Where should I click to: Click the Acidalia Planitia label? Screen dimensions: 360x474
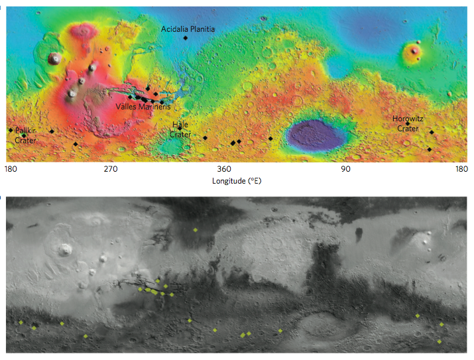point(188,29)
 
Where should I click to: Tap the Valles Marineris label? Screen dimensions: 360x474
point(143,106)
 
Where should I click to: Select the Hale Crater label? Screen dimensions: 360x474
point(180,129)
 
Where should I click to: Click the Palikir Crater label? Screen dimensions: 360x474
point(25,136)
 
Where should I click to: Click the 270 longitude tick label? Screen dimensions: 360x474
point(110,170)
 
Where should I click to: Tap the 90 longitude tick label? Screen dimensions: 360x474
point(345,170)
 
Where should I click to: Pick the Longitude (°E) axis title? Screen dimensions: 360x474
point(236,181)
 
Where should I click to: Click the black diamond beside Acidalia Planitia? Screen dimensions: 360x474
point(186,38)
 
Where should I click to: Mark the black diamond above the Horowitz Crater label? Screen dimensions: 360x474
point(407,123)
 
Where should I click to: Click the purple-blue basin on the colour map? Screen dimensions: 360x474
point(318,135)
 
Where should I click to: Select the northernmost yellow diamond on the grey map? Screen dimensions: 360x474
point(195,229)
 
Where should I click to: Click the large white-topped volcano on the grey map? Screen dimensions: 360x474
point(65,250)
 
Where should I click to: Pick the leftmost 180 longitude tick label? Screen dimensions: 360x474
point(10,170)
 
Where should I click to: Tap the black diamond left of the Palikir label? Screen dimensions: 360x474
point(10,130)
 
